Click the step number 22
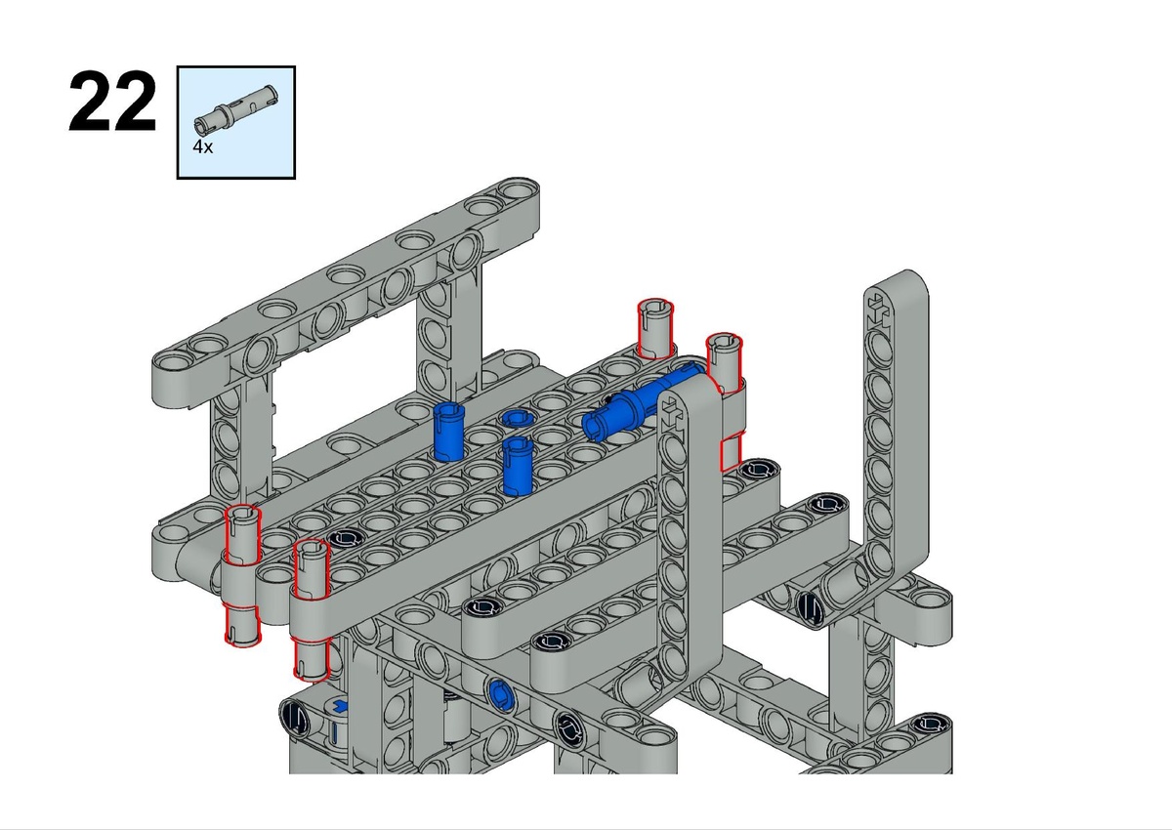click(x=112, y=102)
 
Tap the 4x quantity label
click(x=202, y=147)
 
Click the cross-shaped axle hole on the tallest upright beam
click(x=878, y=309)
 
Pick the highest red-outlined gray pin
click(x=655, y=328)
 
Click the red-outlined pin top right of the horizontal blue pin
click(x=724, y=362)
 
